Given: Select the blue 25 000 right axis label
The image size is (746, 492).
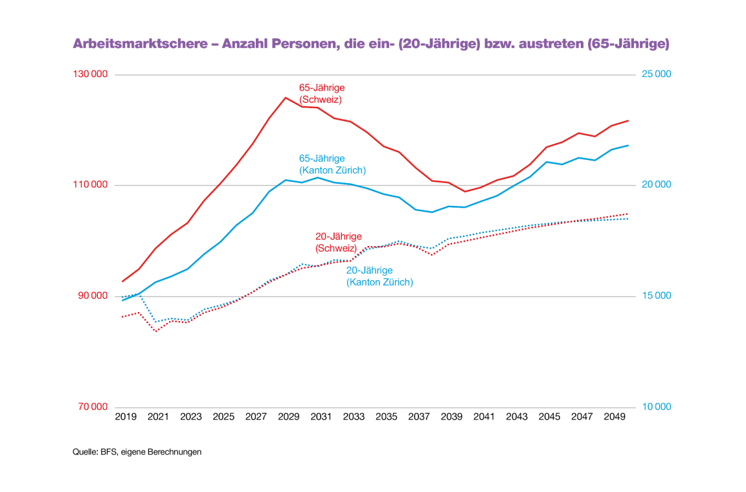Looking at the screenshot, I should click(657, 74).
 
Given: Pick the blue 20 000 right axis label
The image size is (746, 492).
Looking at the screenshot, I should click(657, 185).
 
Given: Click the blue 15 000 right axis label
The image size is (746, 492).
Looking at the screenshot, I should click(657, 296).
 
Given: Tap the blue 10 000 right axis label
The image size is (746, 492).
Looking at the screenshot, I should click(657, 407).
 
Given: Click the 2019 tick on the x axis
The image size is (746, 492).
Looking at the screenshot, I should click(126, 418).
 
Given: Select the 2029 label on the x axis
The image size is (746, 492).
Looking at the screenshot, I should click(289, 418).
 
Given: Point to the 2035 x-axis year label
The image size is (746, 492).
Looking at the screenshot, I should click(387, 418).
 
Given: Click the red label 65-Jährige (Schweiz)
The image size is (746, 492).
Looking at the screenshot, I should click(321, 94).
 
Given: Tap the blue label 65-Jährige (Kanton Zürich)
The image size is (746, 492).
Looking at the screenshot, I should click(332, 164).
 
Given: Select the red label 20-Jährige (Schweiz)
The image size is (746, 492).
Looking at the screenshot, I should click(338, 242).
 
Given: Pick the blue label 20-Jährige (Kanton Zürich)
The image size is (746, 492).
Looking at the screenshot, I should click(379, 276).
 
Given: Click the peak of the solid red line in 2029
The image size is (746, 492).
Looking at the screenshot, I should click(286, 98).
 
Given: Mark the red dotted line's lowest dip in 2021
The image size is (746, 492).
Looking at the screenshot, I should click(155, 331).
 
